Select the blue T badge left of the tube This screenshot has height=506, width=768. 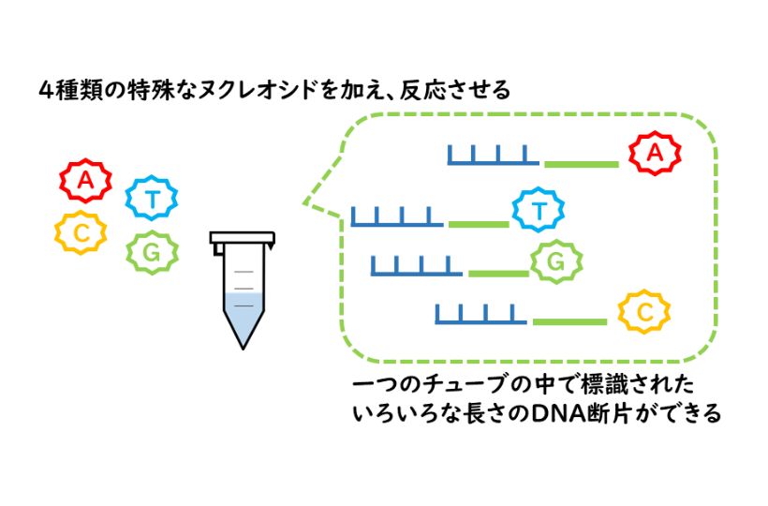pyautogui.click(x=152, y=198)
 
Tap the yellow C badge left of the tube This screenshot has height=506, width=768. pyautogui.click(x=81, y=233)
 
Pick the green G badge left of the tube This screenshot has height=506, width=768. pyautogui.click(x=152, y=251)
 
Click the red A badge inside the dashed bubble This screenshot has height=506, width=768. pyautogui.click(x=655, y=153)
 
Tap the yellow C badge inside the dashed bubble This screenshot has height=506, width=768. pyautogui.click(x=644, y=312)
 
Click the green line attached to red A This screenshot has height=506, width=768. pyautogui.click(x=582, y=164)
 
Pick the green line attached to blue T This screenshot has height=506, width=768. pyautogui.click(x=478, y=225)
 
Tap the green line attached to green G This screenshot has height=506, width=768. pyautogui.click(x=498, y=274)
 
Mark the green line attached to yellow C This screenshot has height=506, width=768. pyautogui.click(x=569, y=322)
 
